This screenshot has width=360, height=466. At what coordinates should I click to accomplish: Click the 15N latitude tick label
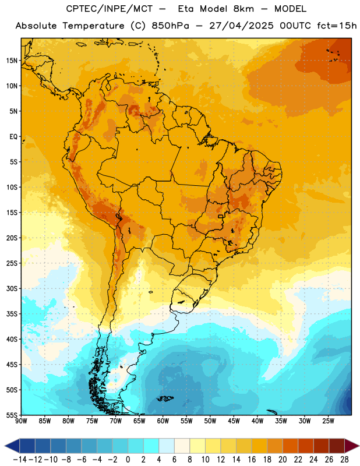pyautogui.click(x=12, y=61)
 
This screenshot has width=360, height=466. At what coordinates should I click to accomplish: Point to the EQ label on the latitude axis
pyautogui.click(x=13, y=137)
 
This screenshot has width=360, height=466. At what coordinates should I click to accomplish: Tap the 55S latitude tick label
pyautogui.click(x=12, y=415)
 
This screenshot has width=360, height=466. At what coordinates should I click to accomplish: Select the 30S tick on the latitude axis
pyautogui.click(x=12, y=288)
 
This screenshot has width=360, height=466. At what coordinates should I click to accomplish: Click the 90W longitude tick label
pyautogui.click(x=21, y=421)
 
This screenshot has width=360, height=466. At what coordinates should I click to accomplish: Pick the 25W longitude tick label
pyautogui.click(x=328, y=421)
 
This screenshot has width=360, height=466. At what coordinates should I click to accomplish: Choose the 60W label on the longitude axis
pyautogui.click(x=163, y=421)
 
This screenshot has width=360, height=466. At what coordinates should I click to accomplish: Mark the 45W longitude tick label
pyautogui.click(x=234, y=421)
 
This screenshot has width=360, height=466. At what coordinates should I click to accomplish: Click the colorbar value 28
pyautogui.click(x=344, y=460)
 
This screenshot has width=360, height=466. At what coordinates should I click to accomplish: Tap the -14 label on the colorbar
pyautogui.click(x=20, y=460)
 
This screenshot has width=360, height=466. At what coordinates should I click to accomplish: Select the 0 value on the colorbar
pyautogui.click(x=128, y=460)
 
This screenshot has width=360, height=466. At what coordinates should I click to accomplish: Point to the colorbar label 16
pyautogui.click(x=252, y=460)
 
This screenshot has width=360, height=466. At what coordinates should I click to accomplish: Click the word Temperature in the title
pyautogui.click(x=93, y=26)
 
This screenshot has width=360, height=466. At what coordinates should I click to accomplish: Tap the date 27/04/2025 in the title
pyautogui.click(x=241, y=26)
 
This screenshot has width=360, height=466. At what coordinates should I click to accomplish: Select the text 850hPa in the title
pyautogui.click(x=170, y=26)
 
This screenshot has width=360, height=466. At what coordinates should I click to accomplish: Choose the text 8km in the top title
pyautogui.click(x=243, y=9)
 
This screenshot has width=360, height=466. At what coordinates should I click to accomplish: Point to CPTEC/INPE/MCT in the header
pyautogui.click(x=110, y=9)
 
